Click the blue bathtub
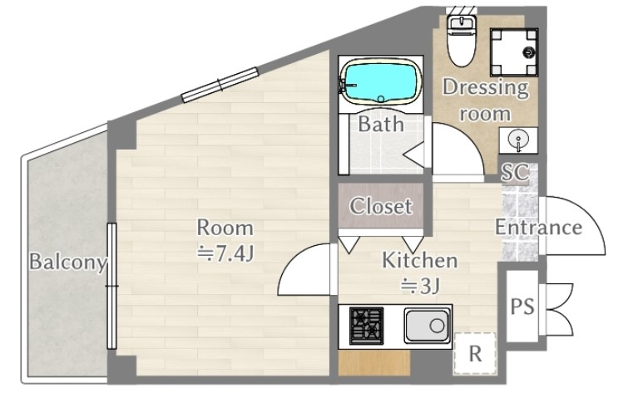(x=379, y=82)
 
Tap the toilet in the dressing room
(x=460, y=41)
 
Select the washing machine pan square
(x=514, y=52)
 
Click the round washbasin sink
(x=518, y=140)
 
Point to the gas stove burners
(x=367, y=326)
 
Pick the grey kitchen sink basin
(x=426, y=326)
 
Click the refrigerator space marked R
(x=475, y=354)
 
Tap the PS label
(x=522, y=307)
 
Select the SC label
(x=515, y=172)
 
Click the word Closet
(x=380, y=206)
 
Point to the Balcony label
(x=68, y=262)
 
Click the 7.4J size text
(x=226, y=253)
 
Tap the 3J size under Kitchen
(x=421, y=286)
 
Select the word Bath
(x=380, y=124)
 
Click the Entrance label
(x=538, y=228)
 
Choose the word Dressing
(x=485, y=87)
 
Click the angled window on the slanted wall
(x=220, y=85)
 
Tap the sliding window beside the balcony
(x=111, y=286)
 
